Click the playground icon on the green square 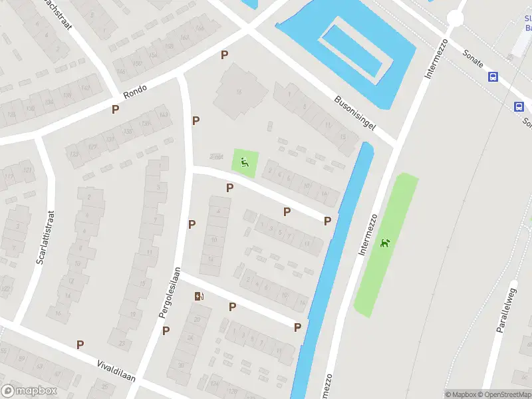pos(245,162)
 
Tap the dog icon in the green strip pos(384,243)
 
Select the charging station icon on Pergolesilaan pos(198,297)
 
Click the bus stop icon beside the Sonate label pos(493,77)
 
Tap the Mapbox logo pos(29,391)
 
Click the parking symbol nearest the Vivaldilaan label pos(80,344)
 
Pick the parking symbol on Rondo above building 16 pos(225,55)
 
